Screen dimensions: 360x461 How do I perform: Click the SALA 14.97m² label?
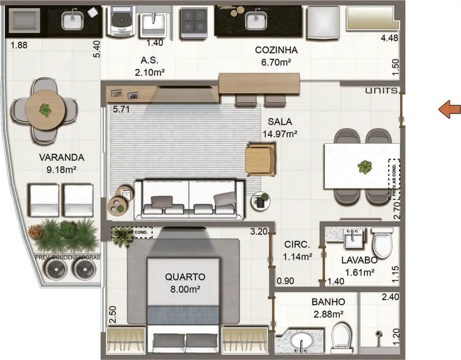(280, 127)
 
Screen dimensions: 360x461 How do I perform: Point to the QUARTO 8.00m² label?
(185, 282)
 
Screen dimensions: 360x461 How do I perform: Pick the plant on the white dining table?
(365, 166)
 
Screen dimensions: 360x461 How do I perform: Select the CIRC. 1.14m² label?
(298, 250)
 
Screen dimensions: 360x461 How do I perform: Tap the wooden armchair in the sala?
(260, 160)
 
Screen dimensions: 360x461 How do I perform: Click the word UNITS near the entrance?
(381, 90)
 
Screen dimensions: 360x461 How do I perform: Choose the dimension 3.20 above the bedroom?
(258, 232)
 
